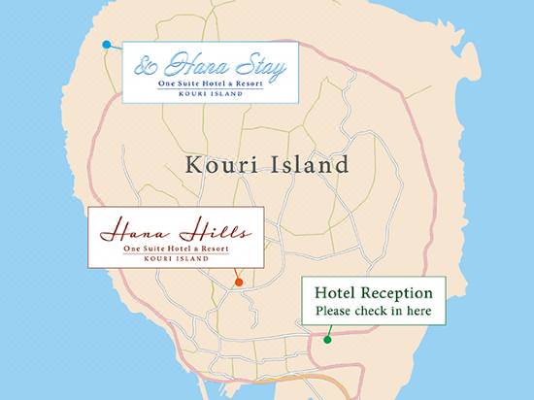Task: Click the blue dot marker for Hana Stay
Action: coord(106,44)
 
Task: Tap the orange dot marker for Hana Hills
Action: coord(239,282)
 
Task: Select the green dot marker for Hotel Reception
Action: coord(327,340)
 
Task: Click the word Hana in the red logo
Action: coord(128,233)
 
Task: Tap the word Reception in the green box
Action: coord(400,294)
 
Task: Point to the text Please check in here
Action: coord(373,313)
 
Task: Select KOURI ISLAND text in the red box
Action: coord(176,259)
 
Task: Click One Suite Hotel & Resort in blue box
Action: coord(210,85)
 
